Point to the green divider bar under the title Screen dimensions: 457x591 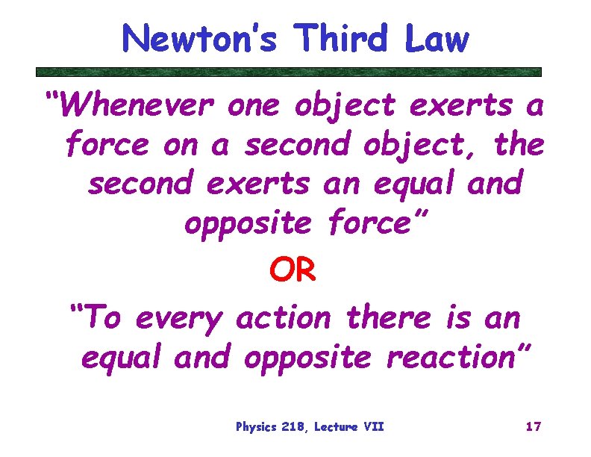289,72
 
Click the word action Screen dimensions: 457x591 282,319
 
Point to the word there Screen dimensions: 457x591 387,319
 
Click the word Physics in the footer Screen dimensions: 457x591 256,427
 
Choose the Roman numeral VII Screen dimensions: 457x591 374,427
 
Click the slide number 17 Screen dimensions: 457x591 533,427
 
